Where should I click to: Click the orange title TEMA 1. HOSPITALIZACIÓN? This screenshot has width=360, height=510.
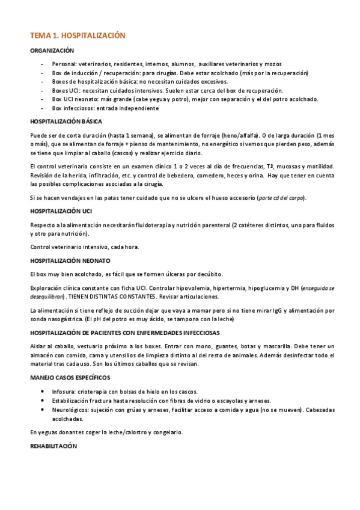coord(78,36)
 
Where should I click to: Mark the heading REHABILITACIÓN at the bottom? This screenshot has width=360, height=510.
coord(53,447)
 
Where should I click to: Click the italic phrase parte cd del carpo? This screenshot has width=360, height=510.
coord(281,198)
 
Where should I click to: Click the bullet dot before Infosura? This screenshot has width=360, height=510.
coord(42,392)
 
